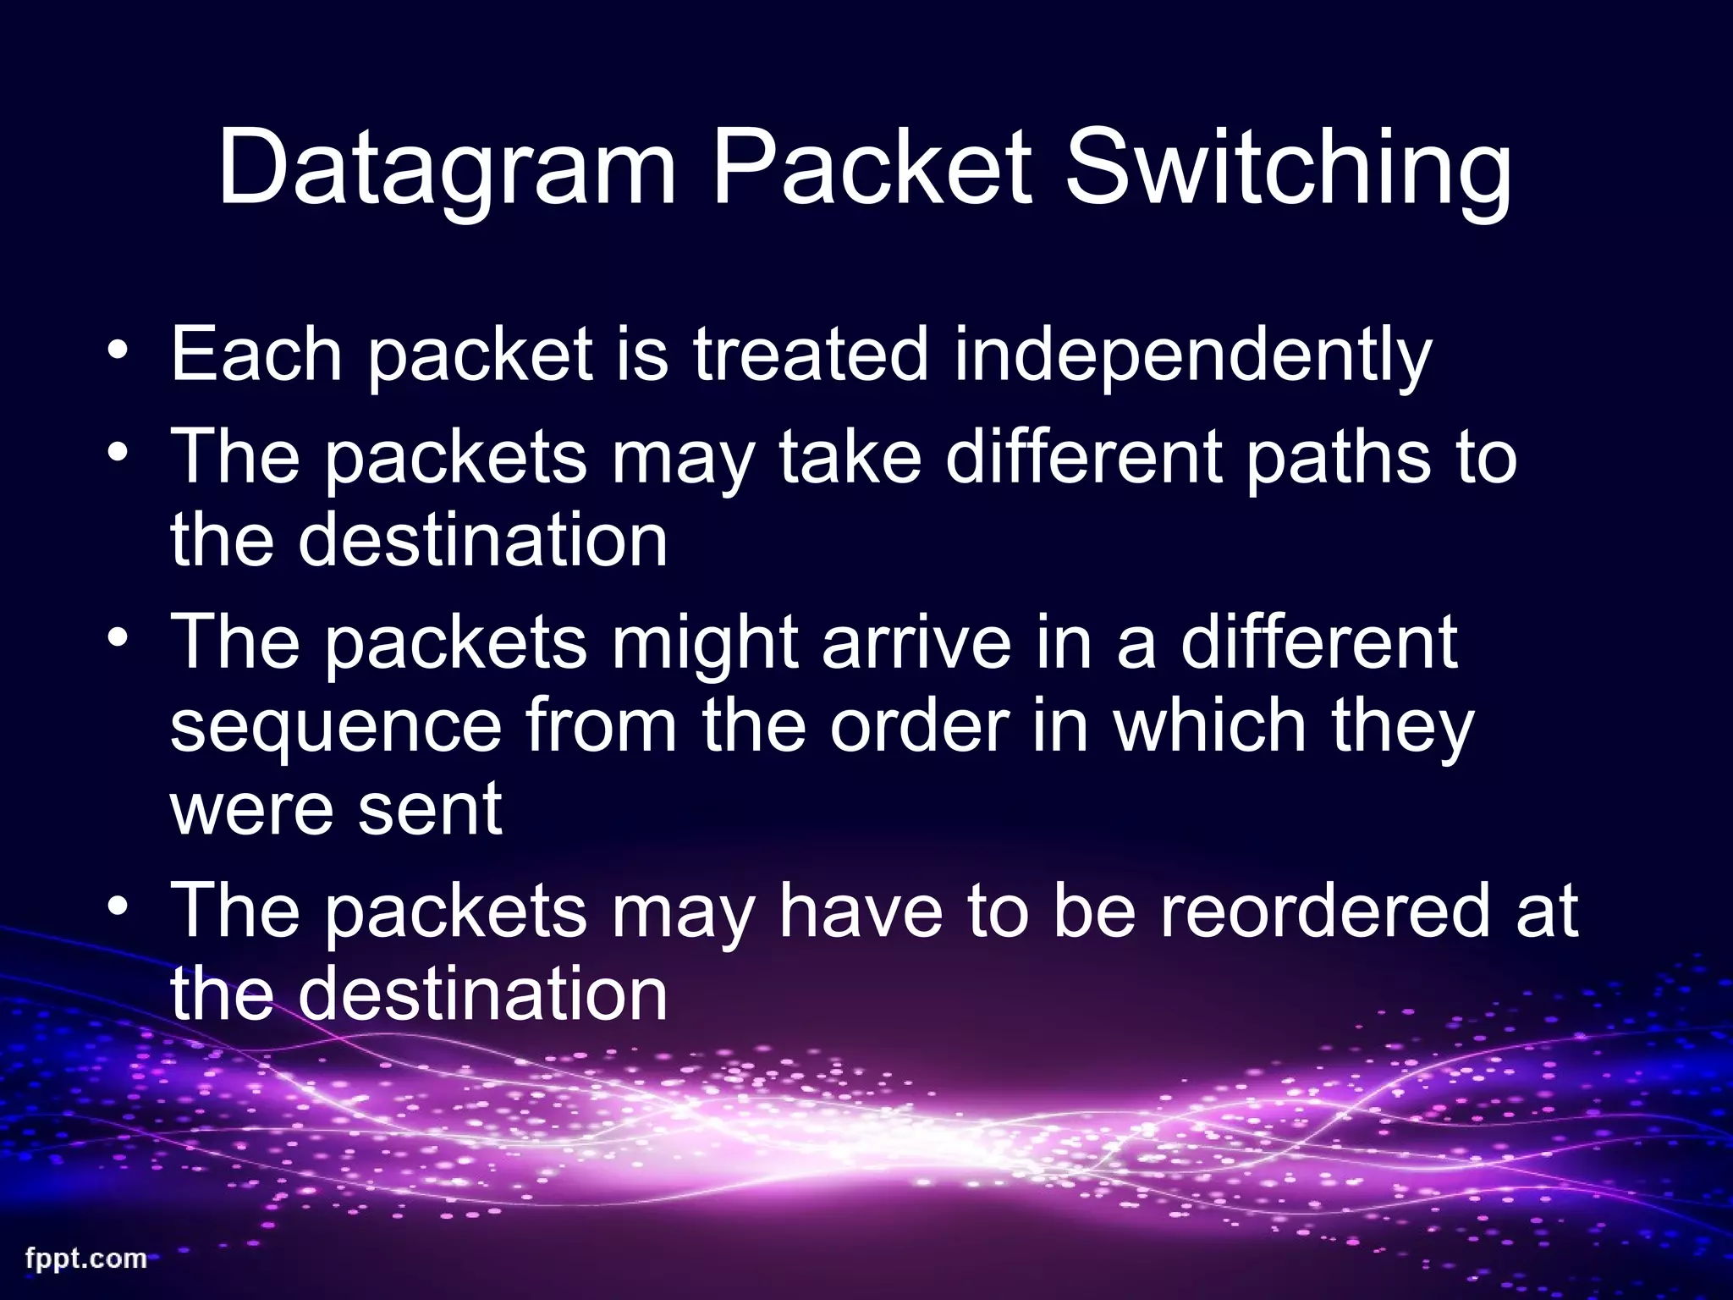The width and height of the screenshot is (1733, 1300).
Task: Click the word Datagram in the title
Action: click(447, 169)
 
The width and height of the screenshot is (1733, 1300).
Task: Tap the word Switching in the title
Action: click(1287, 169)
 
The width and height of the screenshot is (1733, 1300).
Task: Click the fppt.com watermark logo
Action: click(86, 1259)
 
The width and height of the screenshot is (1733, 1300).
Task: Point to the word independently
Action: click(1192, 355)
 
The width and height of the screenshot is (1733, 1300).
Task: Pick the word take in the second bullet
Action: click(849, 458)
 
